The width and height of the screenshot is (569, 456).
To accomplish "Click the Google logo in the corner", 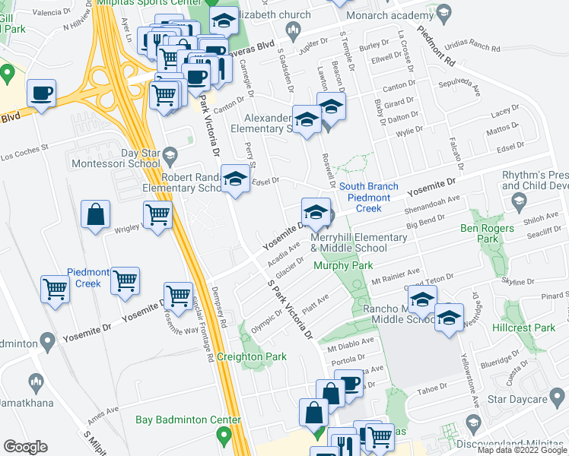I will [x=25, y=447].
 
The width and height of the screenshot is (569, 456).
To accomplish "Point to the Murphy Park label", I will [x=343, y=266].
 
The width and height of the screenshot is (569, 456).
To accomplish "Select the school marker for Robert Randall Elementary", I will [x=235, y=180].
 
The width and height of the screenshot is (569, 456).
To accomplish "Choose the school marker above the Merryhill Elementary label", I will [x=316, y=212].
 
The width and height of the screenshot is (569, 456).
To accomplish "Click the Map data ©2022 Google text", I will [x=522, y=450].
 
